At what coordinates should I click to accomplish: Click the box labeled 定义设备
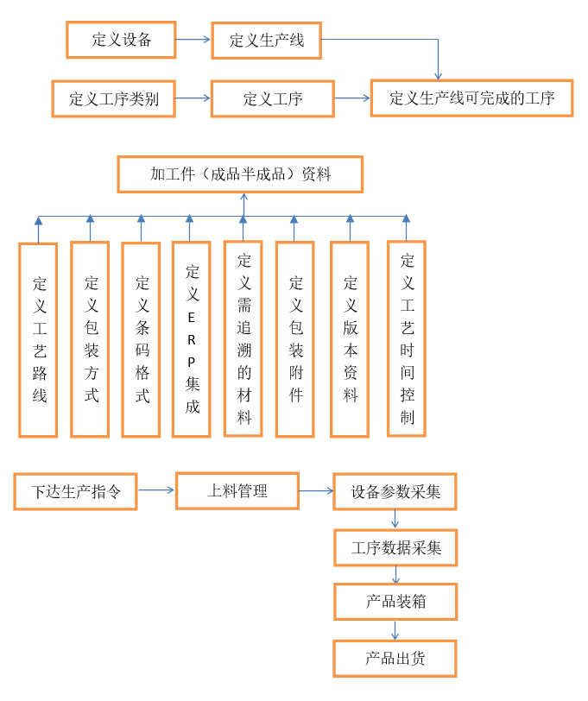point(121,40)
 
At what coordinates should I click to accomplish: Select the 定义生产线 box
point(267,41)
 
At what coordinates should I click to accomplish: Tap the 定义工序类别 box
point(114,98)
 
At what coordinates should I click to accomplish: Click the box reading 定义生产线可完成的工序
point(471,98)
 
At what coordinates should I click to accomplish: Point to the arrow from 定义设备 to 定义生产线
point(193,40)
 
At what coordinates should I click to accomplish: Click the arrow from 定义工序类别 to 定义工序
point(193,98)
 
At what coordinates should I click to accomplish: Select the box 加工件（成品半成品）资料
point(240,174)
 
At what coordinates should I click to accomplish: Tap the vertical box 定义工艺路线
point(38,340)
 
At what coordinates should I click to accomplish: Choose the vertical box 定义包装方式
point(90,339)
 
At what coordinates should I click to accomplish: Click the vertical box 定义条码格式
point(141,340)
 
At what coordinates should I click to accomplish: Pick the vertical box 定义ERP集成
point(192,339)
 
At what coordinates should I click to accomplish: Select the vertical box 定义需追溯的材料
point(243,339)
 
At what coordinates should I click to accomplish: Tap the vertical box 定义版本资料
point(350,339)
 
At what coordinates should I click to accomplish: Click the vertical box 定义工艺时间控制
point(407,339)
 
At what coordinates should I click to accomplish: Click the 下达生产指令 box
point(75,492)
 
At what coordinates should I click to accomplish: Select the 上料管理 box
point(237,491)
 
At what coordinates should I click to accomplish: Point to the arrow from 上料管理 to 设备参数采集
point(317,491)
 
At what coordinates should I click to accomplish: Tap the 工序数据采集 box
point(395,548)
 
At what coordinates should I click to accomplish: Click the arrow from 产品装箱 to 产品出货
point(395,630)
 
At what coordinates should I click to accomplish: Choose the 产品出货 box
point(395,659)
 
